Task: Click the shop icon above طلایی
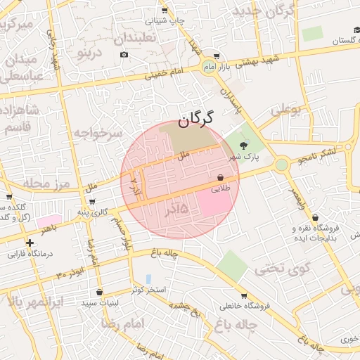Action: pos(221,178)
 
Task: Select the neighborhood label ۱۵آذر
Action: pos(176,209)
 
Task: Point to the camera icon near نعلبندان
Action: pos(124,55)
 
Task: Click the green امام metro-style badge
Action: pos(207,66)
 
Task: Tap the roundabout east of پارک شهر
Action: pos(282,165)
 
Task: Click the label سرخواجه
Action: pos(97,132)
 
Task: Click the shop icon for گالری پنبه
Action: pos(92,202)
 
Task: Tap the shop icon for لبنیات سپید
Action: pos(99,292)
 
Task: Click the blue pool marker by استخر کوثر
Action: pos(148,279)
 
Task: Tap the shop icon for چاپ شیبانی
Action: pos(165,11)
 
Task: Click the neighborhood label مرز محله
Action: pos(27,184)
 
